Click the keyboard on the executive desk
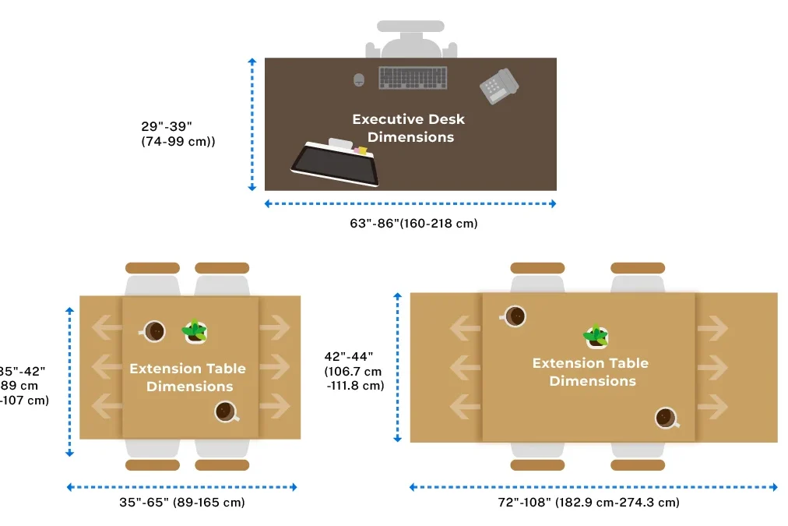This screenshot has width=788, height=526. click(x=413, y=78)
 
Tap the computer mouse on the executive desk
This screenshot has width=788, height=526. click(x=359, y=79)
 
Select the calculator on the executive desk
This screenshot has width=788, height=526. click(x=498, y=86)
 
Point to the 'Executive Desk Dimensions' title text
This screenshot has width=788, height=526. click(x=409, y=128)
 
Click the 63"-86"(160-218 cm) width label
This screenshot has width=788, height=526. click(x=413, y=224)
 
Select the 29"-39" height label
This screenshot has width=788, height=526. click(x=166, y=125)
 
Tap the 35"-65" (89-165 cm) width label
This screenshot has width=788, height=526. click(x=182, y=503)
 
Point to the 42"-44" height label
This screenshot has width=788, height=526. click(x=349, y=357)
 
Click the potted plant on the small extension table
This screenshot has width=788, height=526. click(x=195, y=332)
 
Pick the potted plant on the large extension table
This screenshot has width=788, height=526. click(x=596, y=336)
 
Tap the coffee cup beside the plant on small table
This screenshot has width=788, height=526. click(x=154, y=331)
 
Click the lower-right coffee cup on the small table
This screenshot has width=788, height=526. click(x=226, y=411)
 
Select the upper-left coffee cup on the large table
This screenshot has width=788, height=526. click(x=514, y=316)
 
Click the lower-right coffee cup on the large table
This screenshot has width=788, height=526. click(x=666, y=418)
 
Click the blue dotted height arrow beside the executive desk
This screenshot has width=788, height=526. click(x=252, y=124)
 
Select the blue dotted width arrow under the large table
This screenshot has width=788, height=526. click(x=593, y=487)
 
